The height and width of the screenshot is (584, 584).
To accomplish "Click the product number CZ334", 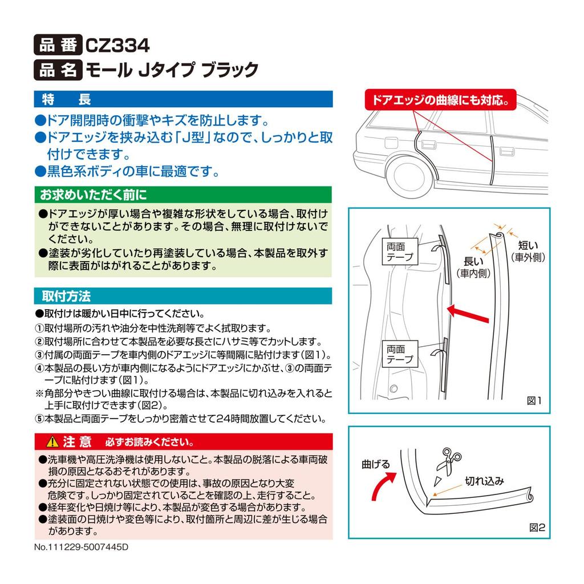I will (x=117, y=44).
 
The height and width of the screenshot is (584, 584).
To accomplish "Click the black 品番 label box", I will (x=58, y=44).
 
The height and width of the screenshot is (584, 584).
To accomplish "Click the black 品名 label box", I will (x=58, y=70).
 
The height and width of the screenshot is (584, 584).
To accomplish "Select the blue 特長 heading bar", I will (x=183, y=99).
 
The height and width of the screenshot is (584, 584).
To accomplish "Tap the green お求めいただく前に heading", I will (x=183, y=195).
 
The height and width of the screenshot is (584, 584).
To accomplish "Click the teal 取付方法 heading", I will (x=183, y=297).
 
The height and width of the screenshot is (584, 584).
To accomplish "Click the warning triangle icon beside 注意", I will (x=52, y=442).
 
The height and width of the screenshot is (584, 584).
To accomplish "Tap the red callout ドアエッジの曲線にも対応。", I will (x=440, y=100).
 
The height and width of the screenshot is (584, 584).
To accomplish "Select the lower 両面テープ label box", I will (x=399, y=354).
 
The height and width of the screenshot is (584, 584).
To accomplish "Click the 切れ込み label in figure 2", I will (x=484, y=481).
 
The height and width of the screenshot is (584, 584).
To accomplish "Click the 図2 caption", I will (x=537, y=528).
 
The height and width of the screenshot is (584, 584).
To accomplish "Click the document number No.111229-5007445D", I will (x=82, y=546).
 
